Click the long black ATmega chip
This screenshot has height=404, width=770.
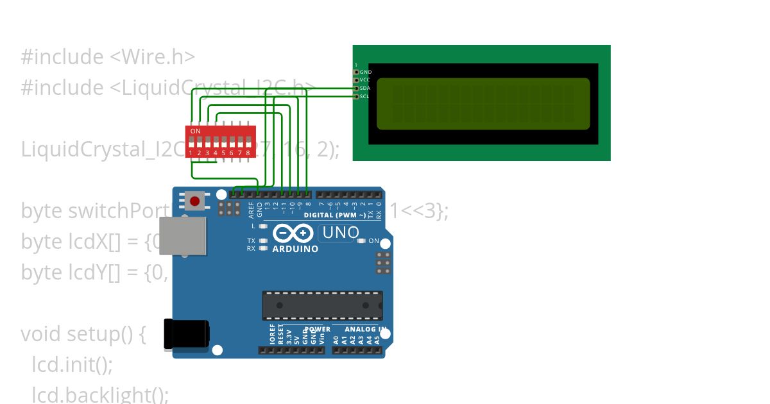point(322,305)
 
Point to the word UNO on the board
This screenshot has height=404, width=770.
point(341,233)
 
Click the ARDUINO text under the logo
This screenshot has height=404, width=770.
point(295,249)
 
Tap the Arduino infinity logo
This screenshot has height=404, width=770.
point(295,233)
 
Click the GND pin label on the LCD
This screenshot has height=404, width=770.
point(366,72)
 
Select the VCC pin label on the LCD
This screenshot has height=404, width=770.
point(365,80)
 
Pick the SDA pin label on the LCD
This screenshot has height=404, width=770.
point(365,88)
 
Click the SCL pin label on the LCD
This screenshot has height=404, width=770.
point(364,96)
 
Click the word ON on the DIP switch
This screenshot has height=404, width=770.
point(196,131)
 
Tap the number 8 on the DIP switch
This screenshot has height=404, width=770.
point(248,153)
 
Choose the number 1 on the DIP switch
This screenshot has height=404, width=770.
point(191,153)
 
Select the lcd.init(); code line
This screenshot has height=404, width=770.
point(72,365)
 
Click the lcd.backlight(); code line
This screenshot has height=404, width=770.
point(100,394)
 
